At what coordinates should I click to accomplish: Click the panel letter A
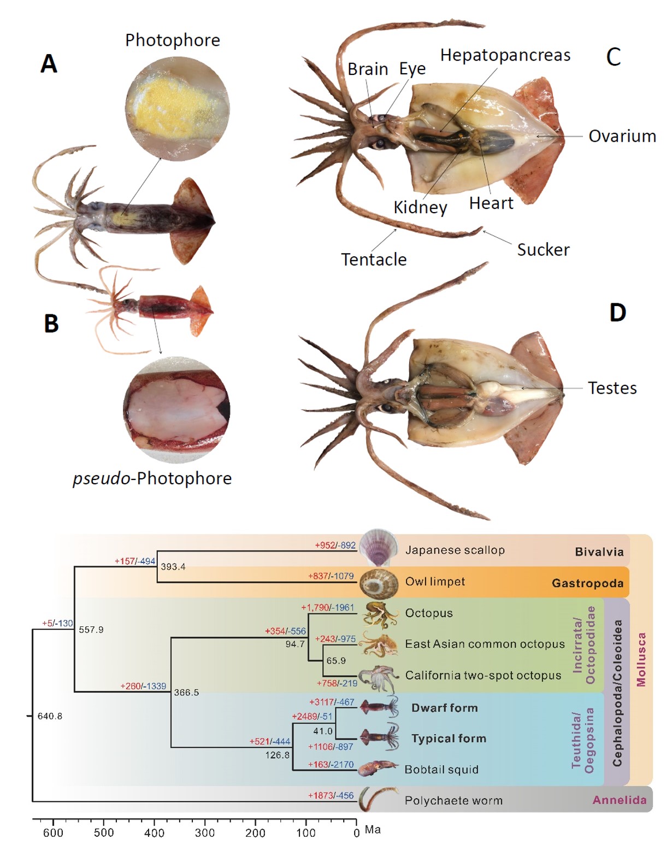[49, 64]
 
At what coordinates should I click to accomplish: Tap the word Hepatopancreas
[505, 55]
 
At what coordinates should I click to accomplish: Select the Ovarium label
[622, 136]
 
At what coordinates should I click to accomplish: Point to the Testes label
[612, 388]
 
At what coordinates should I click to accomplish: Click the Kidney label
[421, 207]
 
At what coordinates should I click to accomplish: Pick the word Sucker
[543, 250]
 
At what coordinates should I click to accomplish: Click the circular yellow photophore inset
[177, 109]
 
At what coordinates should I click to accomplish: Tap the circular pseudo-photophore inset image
[176, 409]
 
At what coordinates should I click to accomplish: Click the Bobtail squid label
[441, 769]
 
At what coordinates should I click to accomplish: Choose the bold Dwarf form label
[445, 708]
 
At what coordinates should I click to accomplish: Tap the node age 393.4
[173, 567]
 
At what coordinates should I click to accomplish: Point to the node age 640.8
[50, 716]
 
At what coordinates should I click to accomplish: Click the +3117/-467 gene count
[332, 702]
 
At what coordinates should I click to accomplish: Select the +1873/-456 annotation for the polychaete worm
[331, 795]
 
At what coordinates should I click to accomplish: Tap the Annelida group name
[619, 800]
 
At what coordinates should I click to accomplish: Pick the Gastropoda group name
[587, 583]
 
